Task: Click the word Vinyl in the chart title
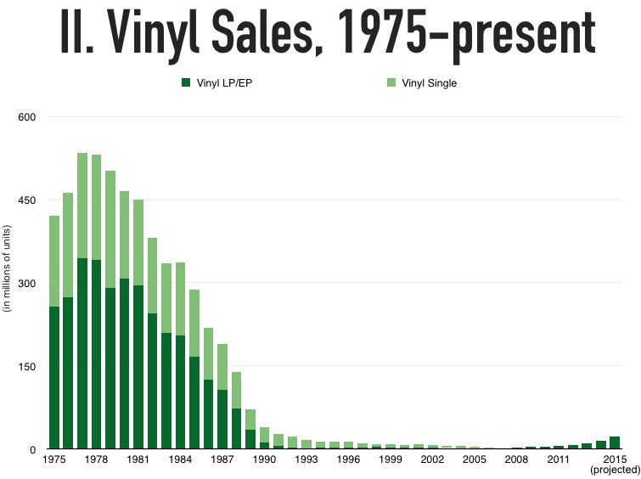point(166,34)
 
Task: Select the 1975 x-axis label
point(53,459)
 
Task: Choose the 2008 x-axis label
point(515,459)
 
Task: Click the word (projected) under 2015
point(614,470)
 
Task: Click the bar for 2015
point(614,442)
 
